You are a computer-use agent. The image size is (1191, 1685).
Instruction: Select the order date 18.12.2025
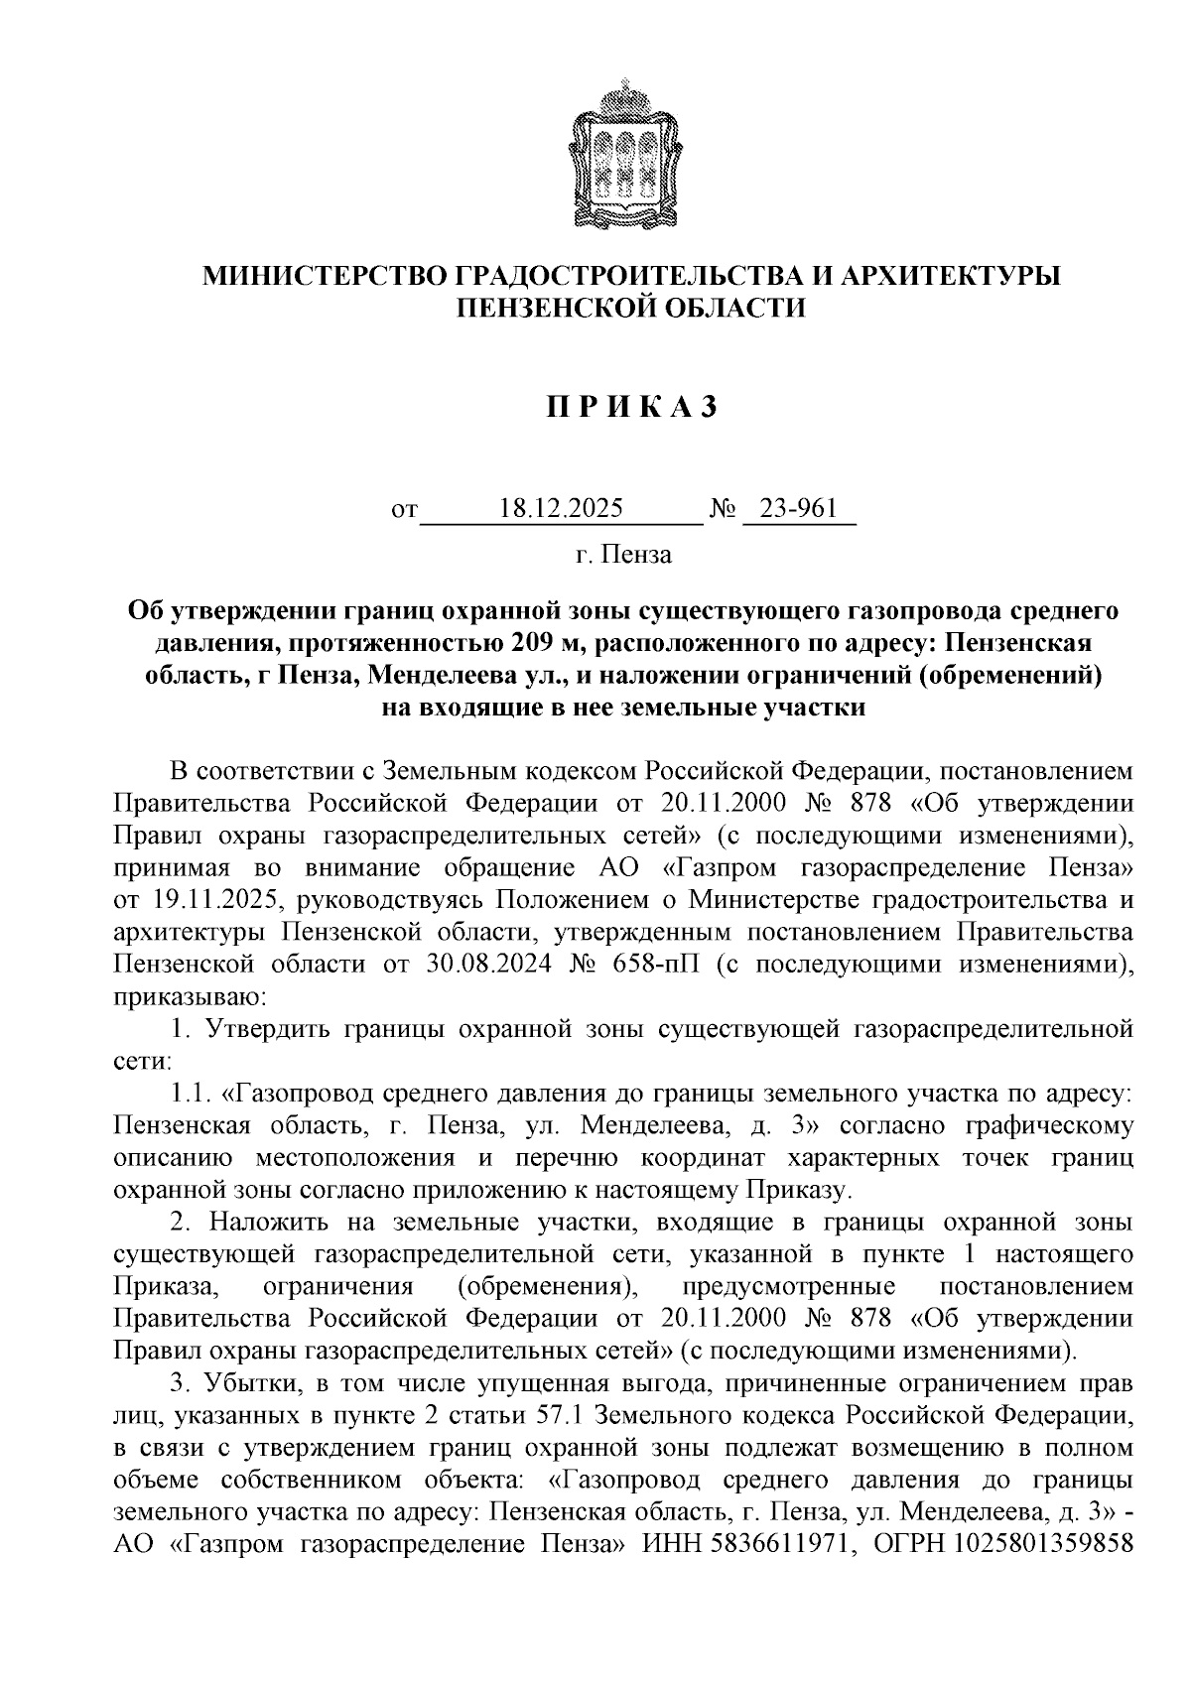(562, 509)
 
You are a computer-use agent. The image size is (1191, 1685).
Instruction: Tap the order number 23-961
(799, 509)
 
